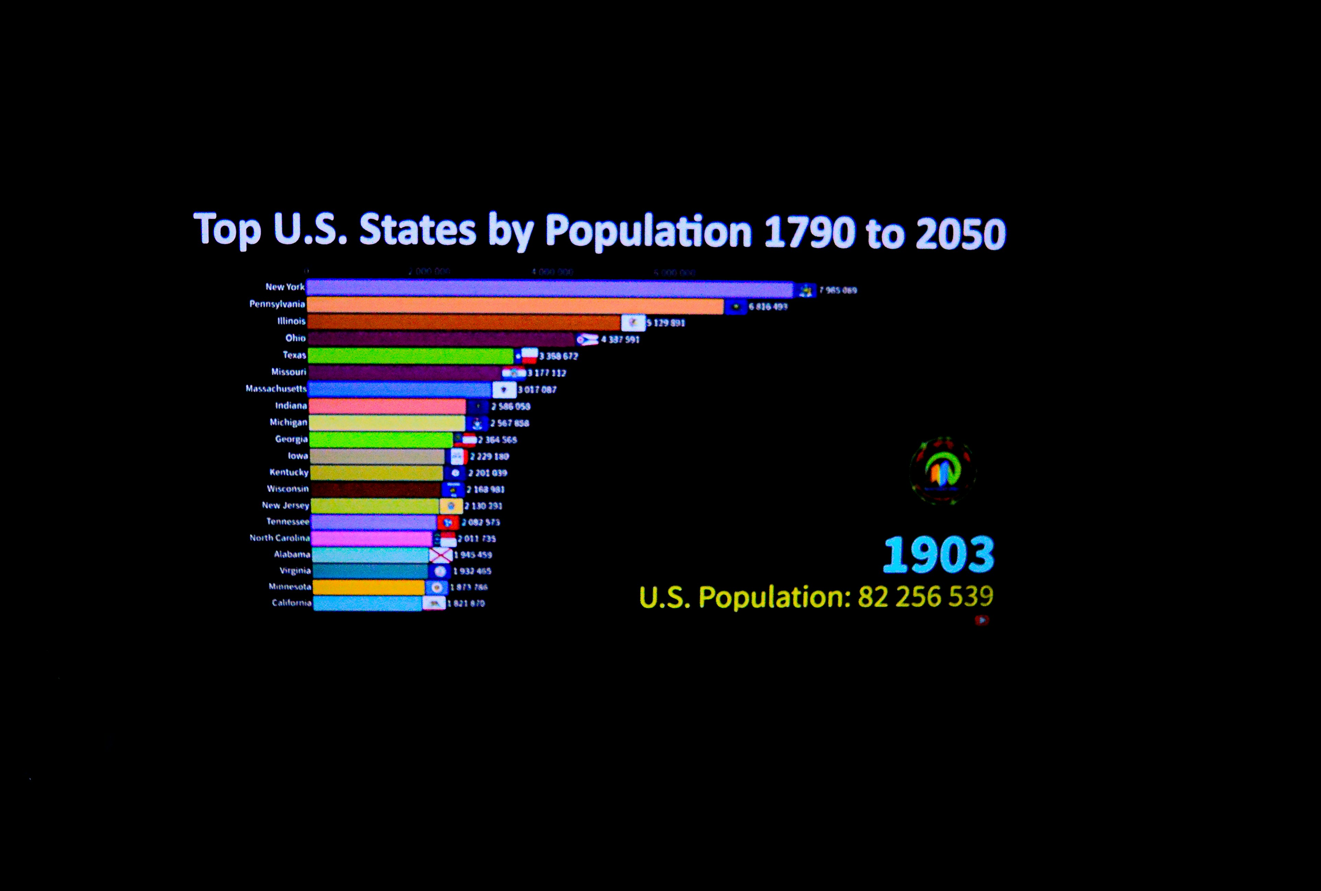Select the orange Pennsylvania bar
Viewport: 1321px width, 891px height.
515,306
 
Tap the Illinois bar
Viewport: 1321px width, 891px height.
463,322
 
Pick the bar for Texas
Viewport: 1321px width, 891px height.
410,356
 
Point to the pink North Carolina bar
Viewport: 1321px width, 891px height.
372,538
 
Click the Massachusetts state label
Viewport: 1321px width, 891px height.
276,389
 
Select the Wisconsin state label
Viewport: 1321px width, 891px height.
288,489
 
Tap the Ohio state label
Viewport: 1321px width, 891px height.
295,338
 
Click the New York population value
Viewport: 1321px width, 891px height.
838,290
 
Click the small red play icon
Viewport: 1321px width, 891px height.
982,620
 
